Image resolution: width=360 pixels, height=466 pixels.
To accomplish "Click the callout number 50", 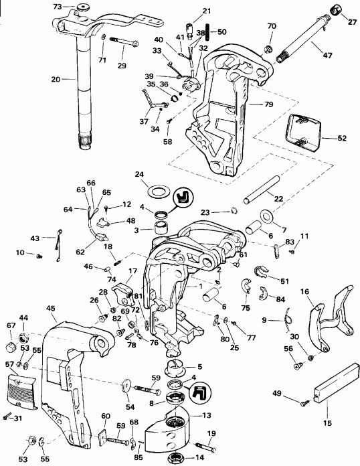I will coord(221,31).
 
